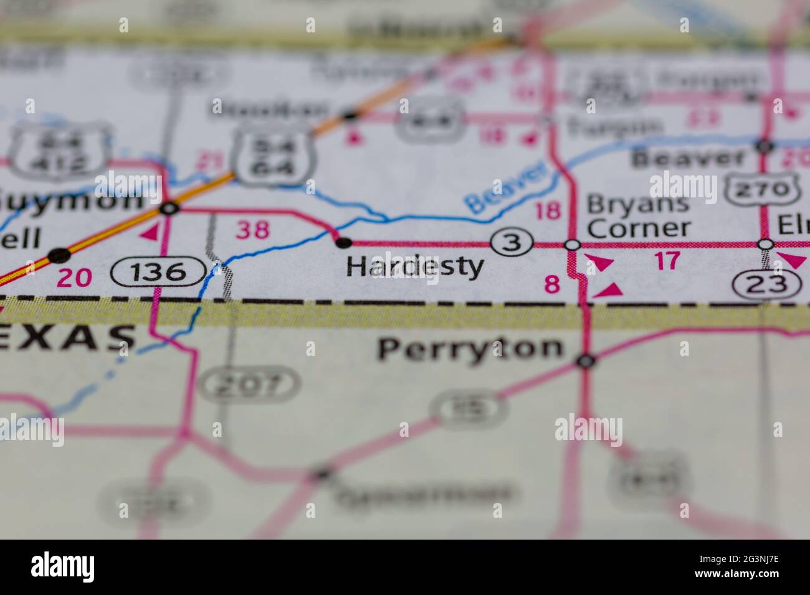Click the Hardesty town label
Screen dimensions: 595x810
coord(415,267)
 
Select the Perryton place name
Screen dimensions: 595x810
coord(470,349)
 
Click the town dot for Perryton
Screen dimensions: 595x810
coord(586,360)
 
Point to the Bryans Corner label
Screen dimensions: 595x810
coord(638,215)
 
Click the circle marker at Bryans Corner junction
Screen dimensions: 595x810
coord(573,245)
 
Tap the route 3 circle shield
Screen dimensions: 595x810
coord(512,243)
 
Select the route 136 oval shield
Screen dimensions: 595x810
coord(158,272)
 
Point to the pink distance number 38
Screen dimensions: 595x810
coord(253,230)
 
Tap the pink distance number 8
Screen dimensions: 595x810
coord(552,284)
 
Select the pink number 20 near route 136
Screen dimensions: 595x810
coord(74,277)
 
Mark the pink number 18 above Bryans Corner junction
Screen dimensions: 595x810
coord(548,211)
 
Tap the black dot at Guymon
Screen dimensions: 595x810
coord(169,208)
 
